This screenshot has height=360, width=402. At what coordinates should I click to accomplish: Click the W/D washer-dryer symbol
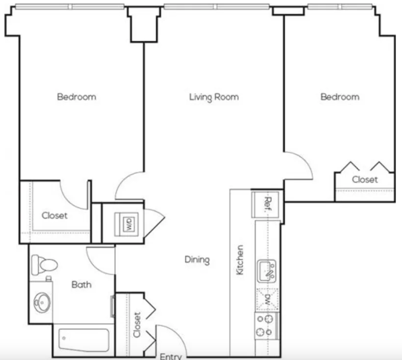[128, 222]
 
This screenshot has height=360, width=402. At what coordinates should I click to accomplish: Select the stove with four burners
[267, 325]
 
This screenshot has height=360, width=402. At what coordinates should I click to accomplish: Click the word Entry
[170, 356]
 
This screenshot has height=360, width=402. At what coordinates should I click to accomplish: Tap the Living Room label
[214, 96]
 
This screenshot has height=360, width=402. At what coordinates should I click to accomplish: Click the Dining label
[196, 260]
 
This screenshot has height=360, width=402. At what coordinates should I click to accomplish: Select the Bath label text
[81, 285]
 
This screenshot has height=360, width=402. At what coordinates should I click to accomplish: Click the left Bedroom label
[76, 96]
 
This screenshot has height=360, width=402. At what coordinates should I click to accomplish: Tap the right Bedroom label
[340, 96]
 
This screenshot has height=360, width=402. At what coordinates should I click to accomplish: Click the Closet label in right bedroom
[365, 179]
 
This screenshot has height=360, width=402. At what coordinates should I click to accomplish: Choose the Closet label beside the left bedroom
[54, 216]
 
